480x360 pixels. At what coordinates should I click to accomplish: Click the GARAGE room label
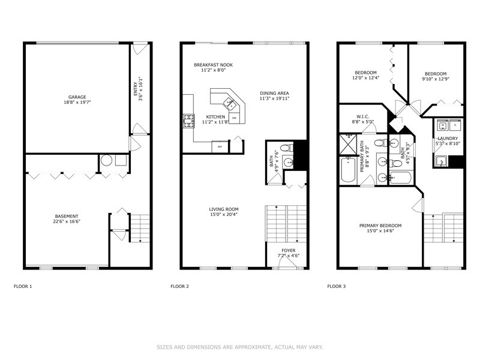click(x=76, y=97)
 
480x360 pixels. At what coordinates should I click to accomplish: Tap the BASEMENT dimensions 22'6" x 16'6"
click(x=67, y=221)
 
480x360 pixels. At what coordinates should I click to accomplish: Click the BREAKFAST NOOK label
click(x=213, y=65)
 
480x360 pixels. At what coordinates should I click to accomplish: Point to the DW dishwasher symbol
click(x=234, y=118)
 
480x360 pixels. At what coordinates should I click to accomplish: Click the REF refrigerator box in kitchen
click(x=220, y=146)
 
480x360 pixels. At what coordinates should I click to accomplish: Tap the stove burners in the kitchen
click(x=187, y=121)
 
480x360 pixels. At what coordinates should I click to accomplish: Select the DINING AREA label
click(x=274, y=93)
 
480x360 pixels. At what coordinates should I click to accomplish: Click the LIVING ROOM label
click(x=224, y=209)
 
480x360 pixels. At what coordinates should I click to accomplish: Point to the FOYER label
click(x=289, y=250)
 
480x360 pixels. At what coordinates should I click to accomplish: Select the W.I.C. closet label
click(x=365, y=116)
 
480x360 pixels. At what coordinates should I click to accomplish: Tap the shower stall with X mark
click(x=347, y=145)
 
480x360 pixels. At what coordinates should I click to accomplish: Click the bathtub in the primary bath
click(x=349, y=171)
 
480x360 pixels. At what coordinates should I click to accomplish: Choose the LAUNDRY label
click(x=447, y=138)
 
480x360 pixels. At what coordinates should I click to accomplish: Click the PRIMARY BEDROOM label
click(x=380, y=226)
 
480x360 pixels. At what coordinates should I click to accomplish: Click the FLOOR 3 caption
click(x=336, y=286)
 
